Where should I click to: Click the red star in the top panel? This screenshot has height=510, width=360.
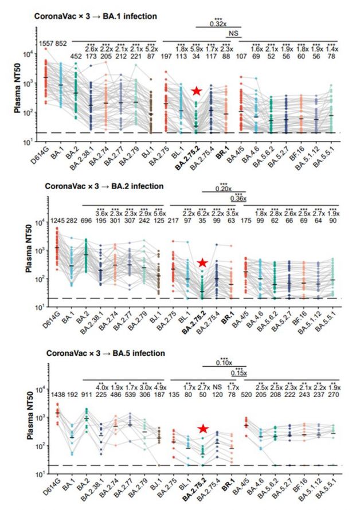(x=197, y=91)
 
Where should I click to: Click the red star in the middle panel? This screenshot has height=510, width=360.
(x=202, y=263)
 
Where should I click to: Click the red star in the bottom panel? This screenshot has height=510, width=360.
(x=202, y=429)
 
